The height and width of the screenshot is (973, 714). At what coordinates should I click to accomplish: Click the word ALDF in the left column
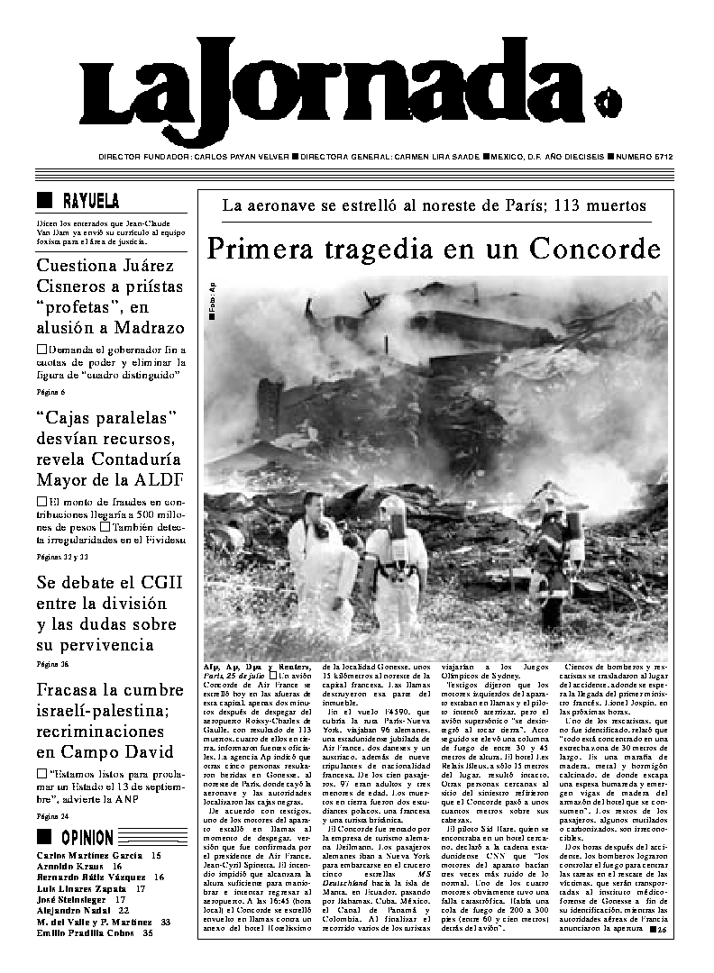point(161,477)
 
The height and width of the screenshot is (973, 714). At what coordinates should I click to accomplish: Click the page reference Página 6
point(51,392)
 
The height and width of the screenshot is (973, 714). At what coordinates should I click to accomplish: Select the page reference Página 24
point(52,816)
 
